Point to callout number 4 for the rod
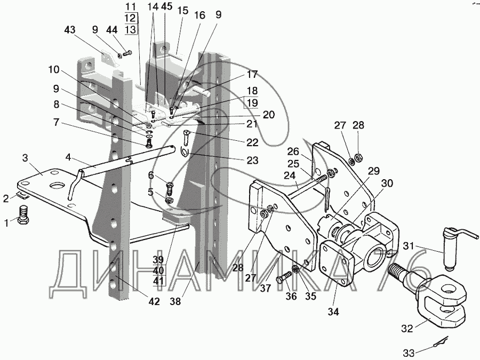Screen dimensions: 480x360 [69, 157]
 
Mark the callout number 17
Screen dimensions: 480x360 [252, 74]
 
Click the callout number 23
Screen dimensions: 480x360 [252, 159]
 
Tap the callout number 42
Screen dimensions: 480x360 [154, 302]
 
